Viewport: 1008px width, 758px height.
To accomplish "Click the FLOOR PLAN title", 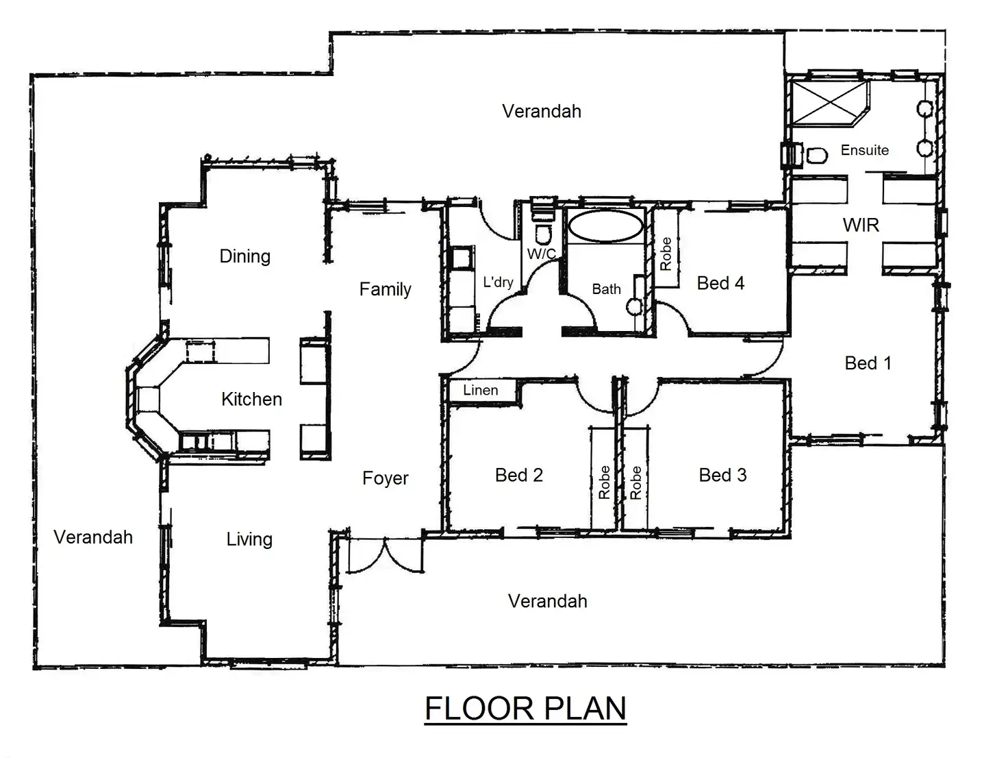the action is pos(525,708).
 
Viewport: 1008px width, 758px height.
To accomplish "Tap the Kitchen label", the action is pos(251,399).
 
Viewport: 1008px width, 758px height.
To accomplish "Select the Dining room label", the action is pos(244,256).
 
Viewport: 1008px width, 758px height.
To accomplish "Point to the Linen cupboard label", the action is pos(481,390).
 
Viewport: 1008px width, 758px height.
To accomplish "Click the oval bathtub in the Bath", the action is pos(605,226).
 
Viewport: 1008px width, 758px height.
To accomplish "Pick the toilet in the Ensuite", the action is pos(816,155).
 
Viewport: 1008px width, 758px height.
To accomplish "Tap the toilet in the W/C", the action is pos(543,234).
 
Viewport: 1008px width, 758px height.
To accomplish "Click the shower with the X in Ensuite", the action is pos(829,103).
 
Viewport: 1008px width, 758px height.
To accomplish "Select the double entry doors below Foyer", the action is pos(386,556).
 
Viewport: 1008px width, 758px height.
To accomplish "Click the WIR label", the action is pos(861,225).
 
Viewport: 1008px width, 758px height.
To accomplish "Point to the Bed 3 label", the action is pos(722,475).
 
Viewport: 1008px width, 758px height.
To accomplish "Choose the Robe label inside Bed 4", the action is pos(666,254).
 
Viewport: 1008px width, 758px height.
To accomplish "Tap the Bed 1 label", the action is pos(868,363).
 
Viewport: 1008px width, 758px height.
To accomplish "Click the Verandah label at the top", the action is pos(541,111).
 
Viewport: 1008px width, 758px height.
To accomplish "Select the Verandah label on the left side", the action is pos(93,537).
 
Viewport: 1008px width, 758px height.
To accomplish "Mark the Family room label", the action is pos(385,289).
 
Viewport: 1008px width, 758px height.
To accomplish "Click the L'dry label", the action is pos(498,282).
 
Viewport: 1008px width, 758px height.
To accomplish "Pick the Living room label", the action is pos(249,539).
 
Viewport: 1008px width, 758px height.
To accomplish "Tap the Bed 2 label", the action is pos(518,475).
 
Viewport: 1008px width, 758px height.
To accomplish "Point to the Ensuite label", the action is pos(864,150).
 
